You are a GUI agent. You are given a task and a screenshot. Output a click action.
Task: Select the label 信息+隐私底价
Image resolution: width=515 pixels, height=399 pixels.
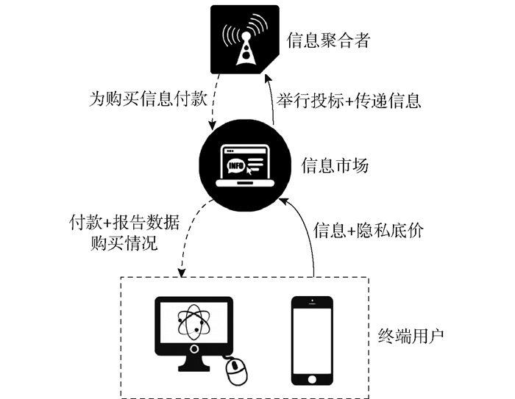tap(369, 229)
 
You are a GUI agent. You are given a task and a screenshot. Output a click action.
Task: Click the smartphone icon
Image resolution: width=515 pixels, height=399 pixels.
tap(311, 339)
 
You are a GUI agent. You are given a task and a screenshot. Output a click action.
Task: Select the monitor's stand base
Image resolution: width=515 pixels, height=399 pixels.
tap(194, 365)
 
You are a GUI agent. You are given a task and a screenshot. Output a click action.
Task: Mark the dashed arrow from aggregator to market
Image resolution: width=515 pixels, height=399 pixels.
tap(213, 107)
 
